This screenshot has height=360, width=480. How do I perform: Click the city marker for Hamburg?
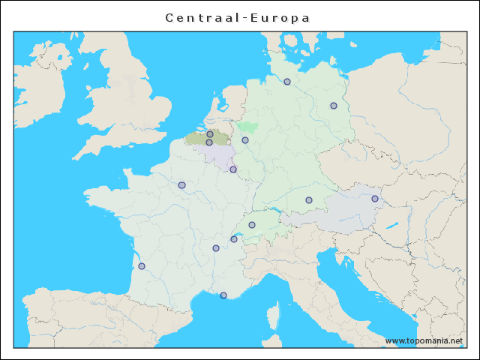(x=287, y=82)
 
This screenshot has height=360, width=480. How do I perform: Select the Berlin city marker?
(x=334, y=106)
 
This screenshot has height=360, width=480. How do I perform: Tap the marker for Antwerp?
(x=210, y=134)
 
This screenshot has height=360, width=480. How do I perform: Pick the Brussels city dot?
(x=209, y=142)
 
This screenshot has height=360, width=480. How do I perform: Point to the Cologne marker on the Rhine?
(x=245, y=140)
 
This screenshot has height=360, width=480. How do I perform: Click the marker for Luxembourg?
(x=233, y=169)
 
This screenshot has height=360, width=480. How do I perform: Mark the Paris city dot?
(x=181, y=185)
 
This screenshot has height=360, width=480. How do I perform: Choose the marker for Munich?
(x=309, y=200)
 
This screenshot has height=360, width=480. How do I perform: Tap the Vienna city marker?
(x=375, y=199)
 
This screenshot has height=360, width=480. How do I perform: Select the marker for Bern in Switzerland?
(x=252, y=225)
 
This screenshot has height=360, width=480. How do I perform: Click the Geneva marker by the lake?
(x=234, y=239)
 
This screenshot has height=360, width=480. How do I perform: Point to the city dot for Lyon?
(x=216, y=248)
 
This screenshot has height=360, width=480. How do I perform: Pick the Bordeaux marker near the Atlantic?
(x=142, y=266)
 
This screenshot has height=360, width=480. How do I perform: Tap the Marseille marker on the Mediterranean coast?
(x=223, y=295)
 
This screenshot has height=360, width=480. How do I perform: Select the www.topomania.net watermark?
(x=424, y=340)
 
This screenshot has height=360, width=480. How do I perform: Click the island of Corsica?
(x=274, y=315)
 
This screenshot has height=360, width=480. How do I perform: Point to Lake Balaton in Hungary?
(x=391, y=225)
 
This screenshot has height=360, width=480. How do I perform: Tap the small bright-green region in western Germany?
(x=247, y=127)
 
